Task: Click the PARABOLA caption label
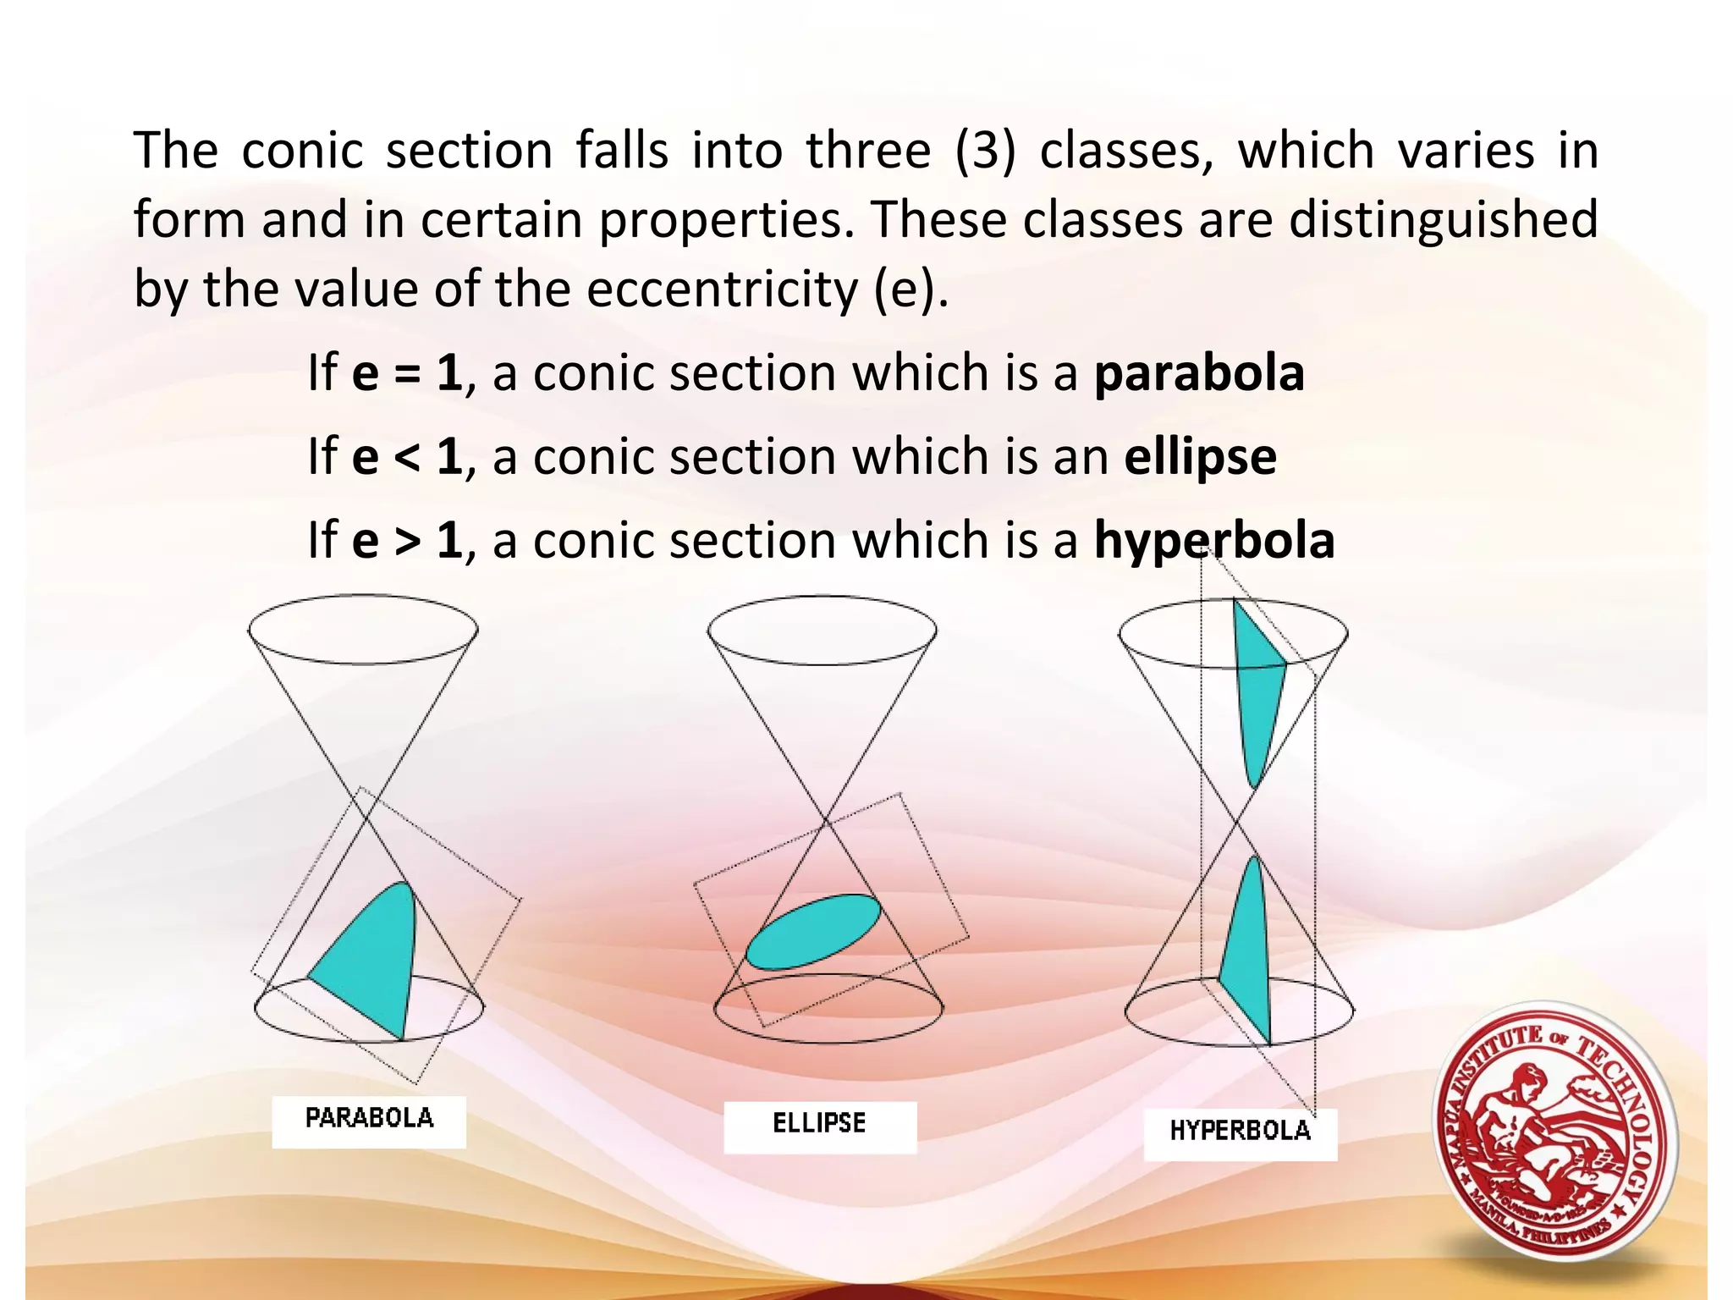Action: click(x=369, y=1120)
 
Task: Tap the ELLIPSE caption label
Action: click(x=819, y=1125)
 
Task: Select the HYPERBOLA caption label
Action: click(x=1240, y=1132)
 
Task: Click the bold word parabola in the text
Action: click(x=1199, y=373)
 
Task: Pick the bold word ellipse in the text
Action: click(x=1200, y=458)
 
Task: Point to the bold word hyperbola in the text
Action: click(x=1214, y=541)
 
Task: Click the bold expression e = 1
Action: click(x=407, y=373)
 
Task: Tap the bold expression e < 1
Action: click(x=407, y=457)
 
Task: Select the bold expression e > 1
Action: click(x=407, y=541)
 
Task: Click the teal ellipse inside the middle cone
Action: click(x=813, y=932)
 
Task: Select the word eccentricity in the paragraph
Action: click(x=722, y=289)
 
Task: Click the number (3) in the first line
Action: click(x=985, y=151)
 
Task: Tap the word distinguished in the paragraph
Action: click(x=1443, y=220)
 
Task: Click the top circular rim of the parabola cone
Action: click(x=363, y=596)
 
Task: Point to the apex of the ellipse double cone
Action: click(x=826, y=820)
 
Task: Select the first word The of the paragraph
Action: click(x=176, y=151)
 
